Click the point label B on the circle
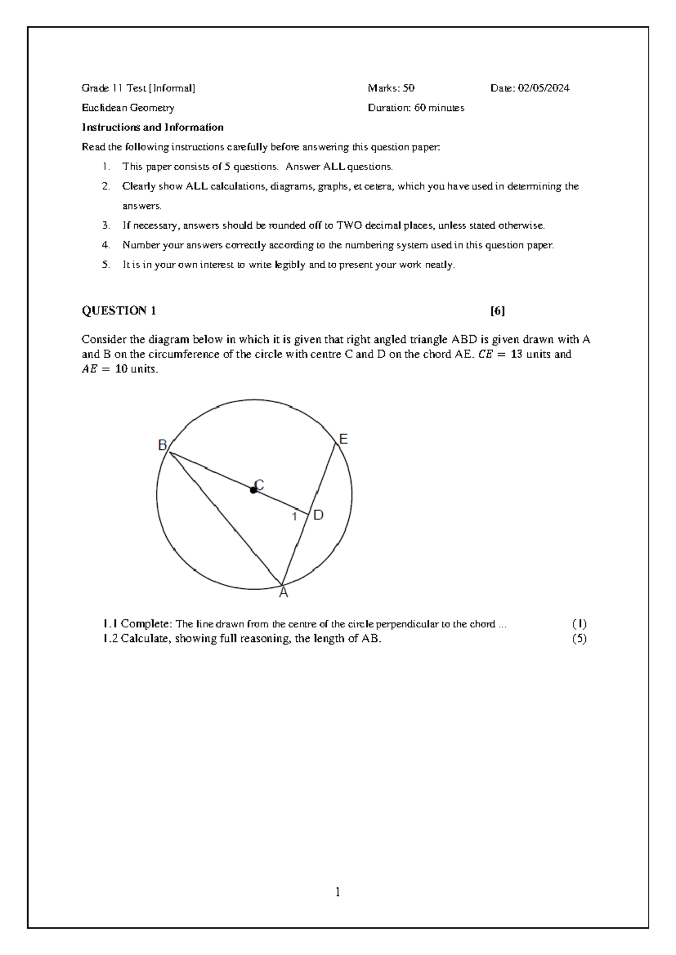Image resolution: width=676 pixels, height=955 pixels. (x=162, y=445)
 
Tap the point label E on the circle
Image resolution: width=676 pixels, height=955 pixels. (x=343, y=439)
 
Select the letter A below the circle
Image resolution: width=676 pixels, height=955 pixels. (x=283, y=593)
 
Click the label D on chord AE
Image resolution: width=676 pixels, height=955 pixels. (x=318, y=515)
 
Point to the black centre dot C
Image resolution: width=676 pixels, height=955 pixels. (x=253, y=490)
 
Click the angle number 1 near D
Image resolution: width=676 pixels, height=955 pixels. (x=294, y=516)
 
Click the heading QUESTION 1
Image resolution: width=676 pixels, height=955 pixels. (x=119, y=311)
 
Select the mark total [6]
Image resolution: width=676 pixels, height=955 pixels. (x=497, y=311)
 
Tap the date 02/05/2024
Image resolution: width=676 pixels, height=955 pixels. (x=544, y=88)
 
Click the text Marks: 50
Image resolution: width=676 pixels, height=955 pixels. (x=391, y=88)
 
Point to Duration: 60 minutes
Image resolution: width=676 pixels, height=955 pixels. (x=416, y=108)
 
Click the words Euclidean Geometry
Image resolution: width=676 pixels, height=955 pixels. (x=128, y=108)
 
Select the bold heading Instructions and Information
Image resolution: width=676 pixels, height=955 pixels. (x=152, y=127)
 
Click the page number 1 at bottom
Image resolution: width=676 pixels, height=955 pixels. (x=337, y=892)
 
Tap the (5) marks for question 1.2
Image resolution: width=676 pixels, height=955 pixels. (x=579, y=639)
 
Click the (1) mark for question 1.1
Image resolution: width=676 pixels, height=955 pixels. (x=579, y=624)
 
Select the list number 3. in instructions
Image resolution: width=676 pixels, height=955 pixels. (x=106, y=226)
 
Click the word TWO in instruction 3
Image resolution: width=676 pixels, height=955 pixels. (x=349, y=226)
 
